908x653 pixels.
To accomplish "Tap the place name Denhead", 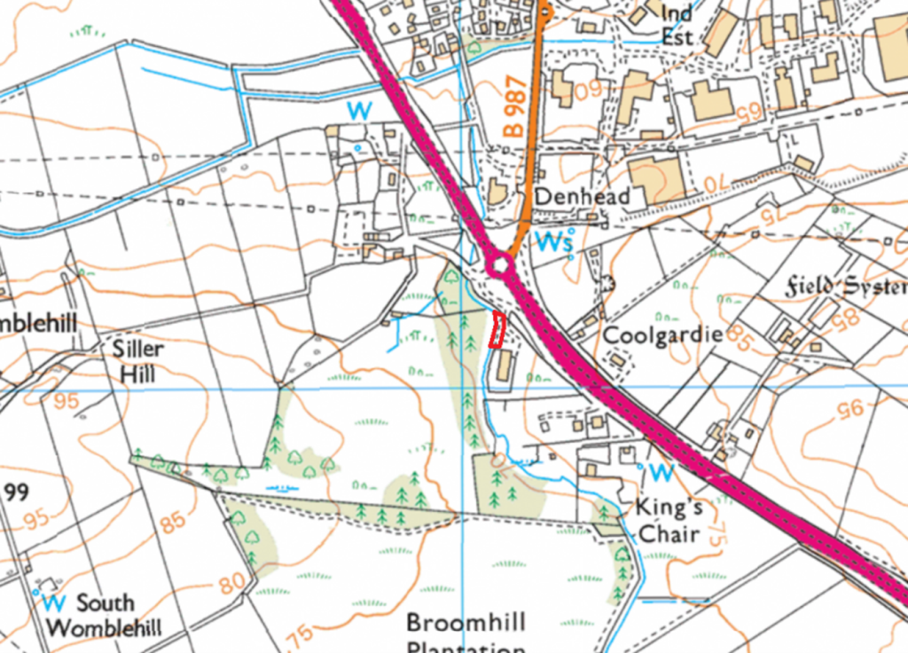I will [582, 196].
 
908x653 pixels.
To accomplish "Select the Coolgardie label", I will [662, 336].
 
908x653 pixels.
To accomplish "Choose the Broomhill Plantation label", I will [466, 633].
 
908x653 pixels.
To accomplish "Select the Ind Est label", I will [677, 24].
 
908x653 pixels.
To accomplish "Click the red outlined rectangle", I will [497, 330].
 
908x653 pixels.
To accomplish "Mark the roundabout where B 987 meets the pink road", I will [500, 264].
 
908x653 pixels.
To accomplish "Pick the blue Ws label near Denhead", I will [555, 240].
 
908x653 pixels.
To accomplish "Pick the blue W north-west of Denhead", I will [359, 111].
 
